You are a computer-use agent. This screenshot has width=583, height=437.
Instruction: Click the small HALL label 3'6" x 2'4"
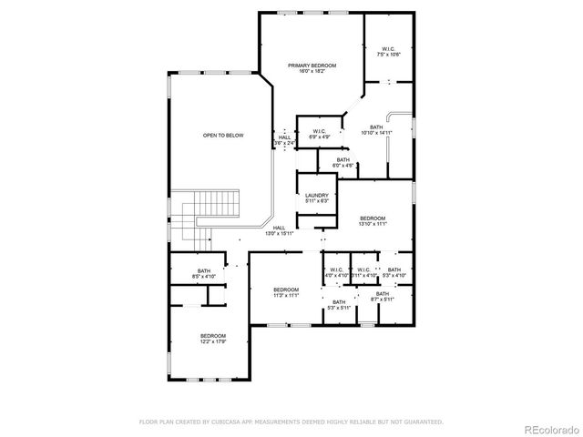[x=285, y=140]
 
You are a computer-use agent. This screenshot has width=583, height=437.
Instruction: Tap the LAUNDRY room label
[x=317, y=198]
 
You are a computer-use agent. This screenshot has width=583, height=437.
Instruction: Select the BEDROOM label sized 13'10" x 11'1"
[x=373, y=220]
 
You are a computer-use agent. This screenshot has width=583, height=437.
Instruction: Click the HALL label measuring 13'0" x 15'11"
[x=279, y=230]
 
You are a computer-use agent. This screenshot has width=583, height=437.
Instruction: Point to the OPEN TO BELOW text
[x=223, y=136]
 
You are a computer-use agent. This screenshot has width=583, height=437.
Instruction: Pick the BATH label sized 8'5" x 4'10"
[x=204, y=272]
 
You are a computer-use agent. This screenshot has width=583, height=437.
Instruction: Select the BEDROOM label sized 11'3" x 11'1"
[x=287, y=292]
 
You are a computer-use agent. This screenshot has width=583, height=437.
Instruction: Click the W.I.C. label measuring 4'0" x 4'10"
[x=336, y=272]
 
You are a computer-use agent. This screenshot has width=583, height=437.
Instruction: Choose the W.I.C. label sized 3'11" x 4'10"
[x=363, y=272]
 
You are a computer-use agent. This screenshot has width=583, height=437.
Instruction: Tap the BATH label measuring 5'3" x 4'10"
[x=394, y=272]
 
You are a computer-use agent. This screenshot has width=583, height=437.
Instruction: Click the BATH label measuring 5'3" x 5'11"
[x=339, y=305]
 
